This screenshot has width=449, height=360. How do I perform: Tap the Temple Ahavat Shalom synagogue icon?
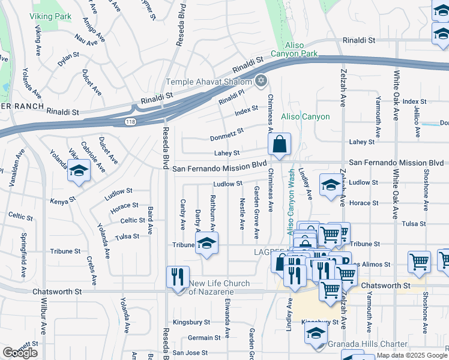261,80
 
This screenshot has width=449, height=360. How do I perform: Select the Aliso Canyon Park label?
300,58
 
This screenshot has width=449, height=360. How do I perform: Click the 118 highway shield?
130,122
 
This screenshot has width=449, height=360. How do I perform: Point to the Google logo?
20,353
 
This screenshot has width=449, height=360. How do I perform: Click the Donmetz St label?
227,134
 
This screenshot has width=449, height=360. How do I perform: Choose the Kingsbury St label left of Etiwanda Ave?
191,322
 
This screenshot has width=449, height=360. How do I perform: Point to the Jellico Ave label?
417,122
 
